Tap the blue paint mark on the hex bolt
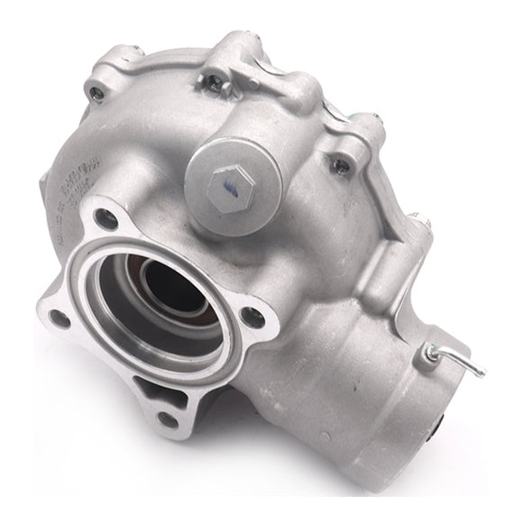pos(229,186)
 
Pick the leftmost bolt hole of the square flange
pos(60,317)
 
